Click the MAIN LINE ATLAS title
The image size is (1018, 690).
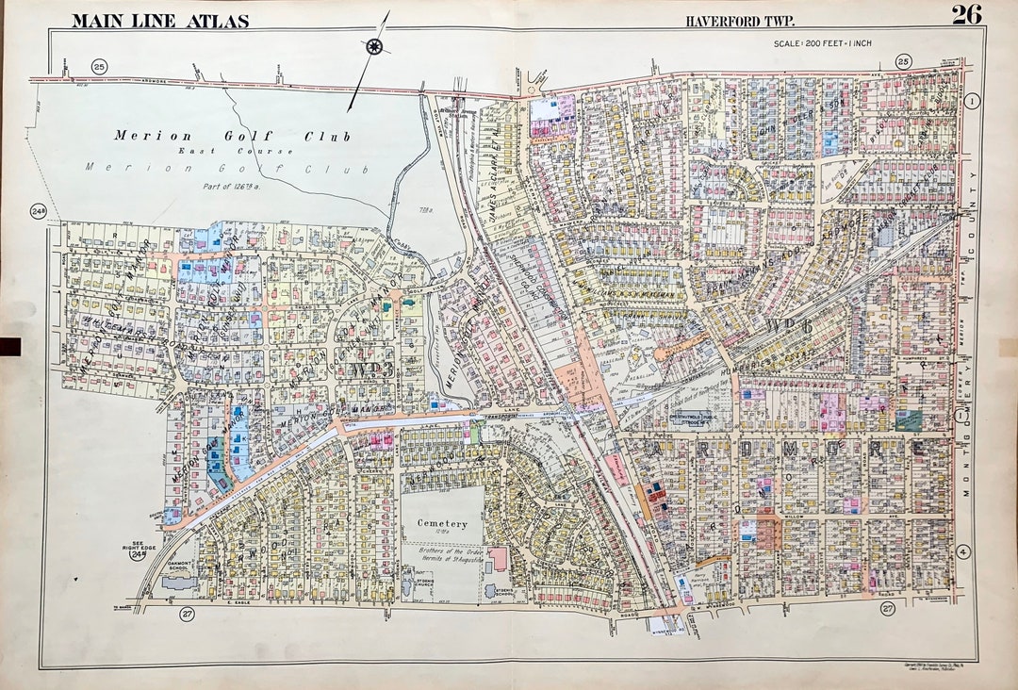pos(160,20)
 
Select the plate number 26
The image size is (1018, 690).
pos(967,14)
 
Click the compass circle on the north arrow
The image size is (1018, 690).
pos(374,46)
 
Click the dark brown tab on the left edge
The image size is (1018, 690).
pos(9,347)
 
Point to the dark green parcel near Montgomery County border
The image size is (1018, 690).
pos(909,420)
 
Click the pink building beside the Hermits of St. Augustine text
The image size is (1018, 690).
pos(497,558)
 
